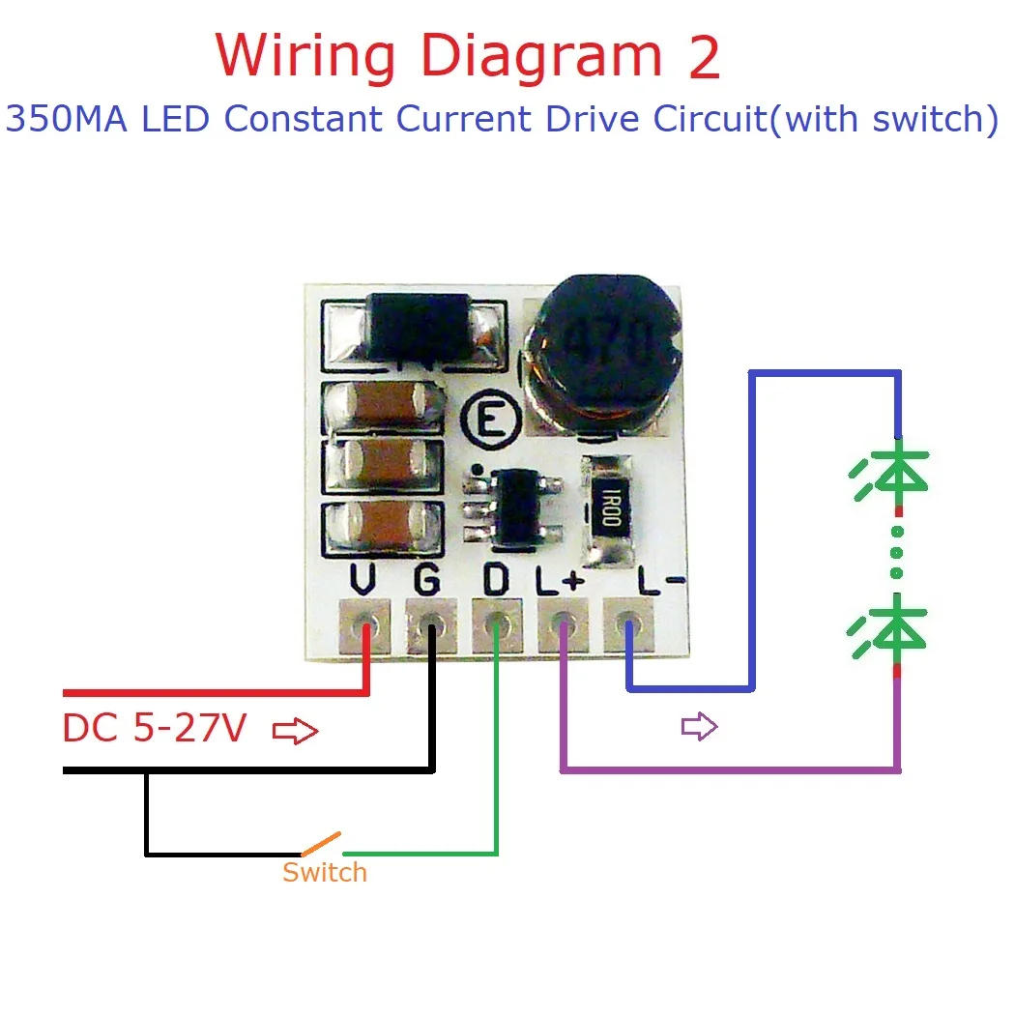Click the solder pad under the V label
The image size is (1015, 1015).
[365, 625]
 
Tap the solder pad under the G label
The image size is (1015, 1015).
[430, 625]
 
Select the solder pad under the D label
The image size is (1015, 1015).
[496, 625]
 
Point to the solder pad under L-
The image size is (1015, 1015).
[628, 625]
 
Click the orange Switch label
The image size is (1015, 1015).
[325, 872]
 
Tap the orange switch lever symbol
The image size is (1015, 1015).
[321, 843]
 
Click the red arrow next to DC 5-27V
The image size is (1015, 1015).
[296, 732]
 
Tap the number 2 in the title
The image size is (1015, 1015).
[704, 58]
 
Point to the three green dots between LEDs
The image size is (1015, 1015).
[898, 552]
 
